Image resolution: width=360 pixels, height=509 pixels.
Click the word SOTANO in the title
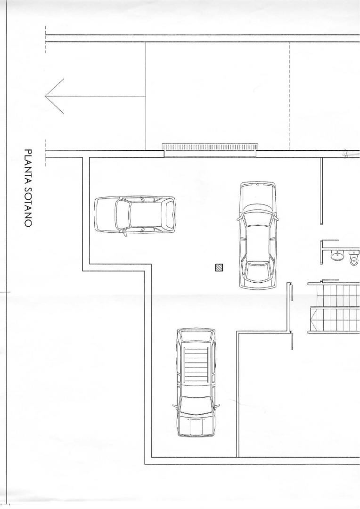click(x=28, y=206)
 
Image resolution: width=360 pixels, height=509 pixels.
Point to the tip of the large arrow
click(x=46, y=96)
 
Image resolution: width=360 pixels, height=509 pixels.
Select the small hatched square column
click(x=219, y=268)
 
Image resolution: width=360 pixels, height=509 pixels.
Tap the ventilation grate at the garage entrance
click(x=210, y=147)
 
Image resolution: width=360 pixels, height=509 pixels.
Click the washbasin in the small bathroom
click(x=337, y=255)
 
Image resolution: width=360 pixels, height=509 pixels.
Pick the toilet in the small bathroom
click(x=354, y=257)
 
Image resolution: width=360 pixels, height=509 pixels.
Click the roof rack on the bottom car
click(x=196, y=366)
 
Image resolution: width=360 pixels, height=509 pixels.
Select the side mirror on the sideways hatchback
click(x=124, y=234)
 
